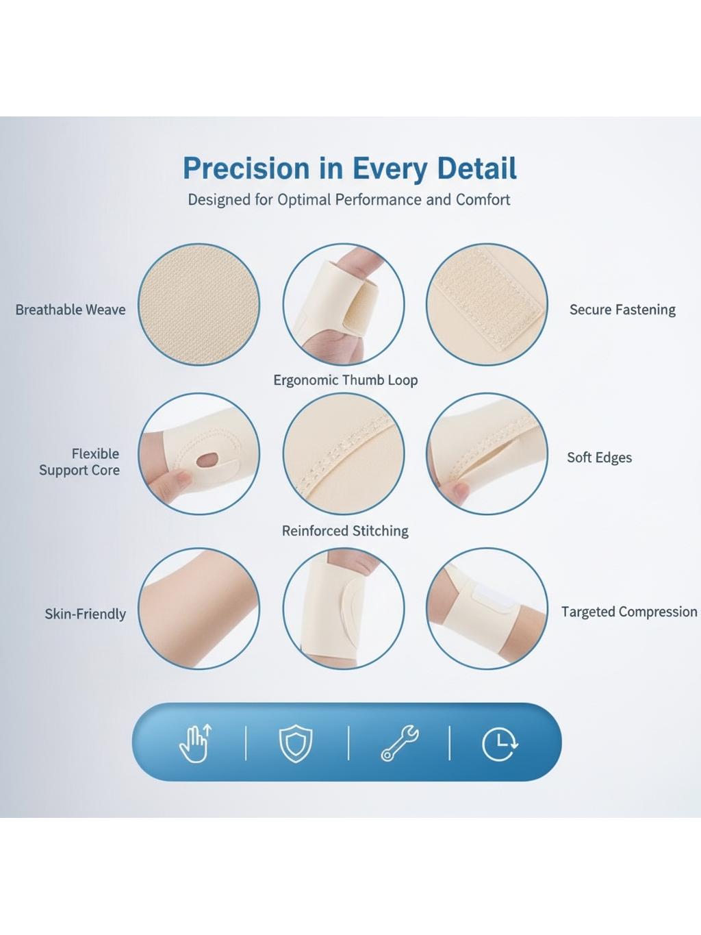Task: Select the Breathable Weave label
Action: click(x=71, y=310)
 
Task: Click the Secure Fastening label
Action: click(x=622, y=310)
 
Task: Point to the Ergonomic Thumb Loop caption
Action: click(x=345, y=380)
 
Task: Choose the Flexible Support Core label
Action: click(x=79, y=462)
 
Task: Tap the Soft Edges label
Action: click(x=599, y=458)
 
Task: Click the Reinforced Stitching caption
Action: click(x=345, y=531)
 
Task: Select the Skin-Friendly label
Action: click(x=85, y=614)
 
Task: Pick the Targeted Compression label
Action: click(x=629, y=612)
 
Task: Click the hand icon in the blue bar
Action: click(x=196, y=743)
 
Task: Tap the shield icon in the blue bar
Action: click(x=296, y=744)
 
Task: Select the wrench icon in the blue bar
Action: click(x=400, y=743)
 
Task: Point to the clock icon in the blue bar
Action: click(x=500, y=744)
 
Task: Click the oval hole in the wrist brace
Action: click(x=207, y=460)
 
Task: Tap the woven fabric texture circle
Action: click(x=199, y=304)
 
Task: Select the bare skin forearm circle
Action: click(x=199, y=608)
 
